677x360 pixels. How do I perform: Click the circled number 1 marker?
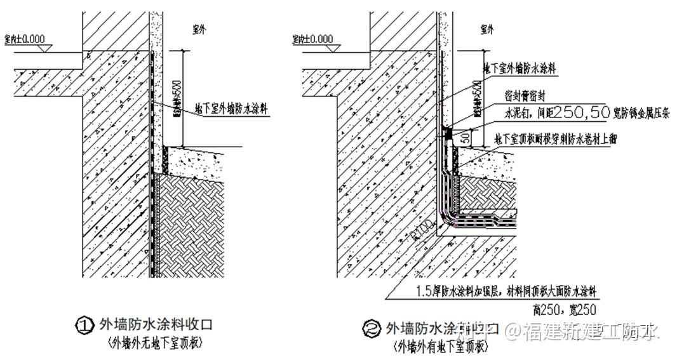pyautogui.click(x=84, y=326)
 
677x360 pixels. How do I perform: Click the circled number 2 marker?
pyautogui.click(x=370, y=328)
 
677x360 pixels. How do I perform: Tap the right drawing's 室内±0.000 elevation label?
pyautogui.click(x=312, y=39)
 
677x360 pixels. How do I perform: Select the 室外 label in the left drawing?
pyautogui.click(x=201, y=29)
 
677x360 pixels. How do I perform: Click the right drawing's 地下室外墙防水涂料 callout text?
pyautogui.click(x=520, y=69)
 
